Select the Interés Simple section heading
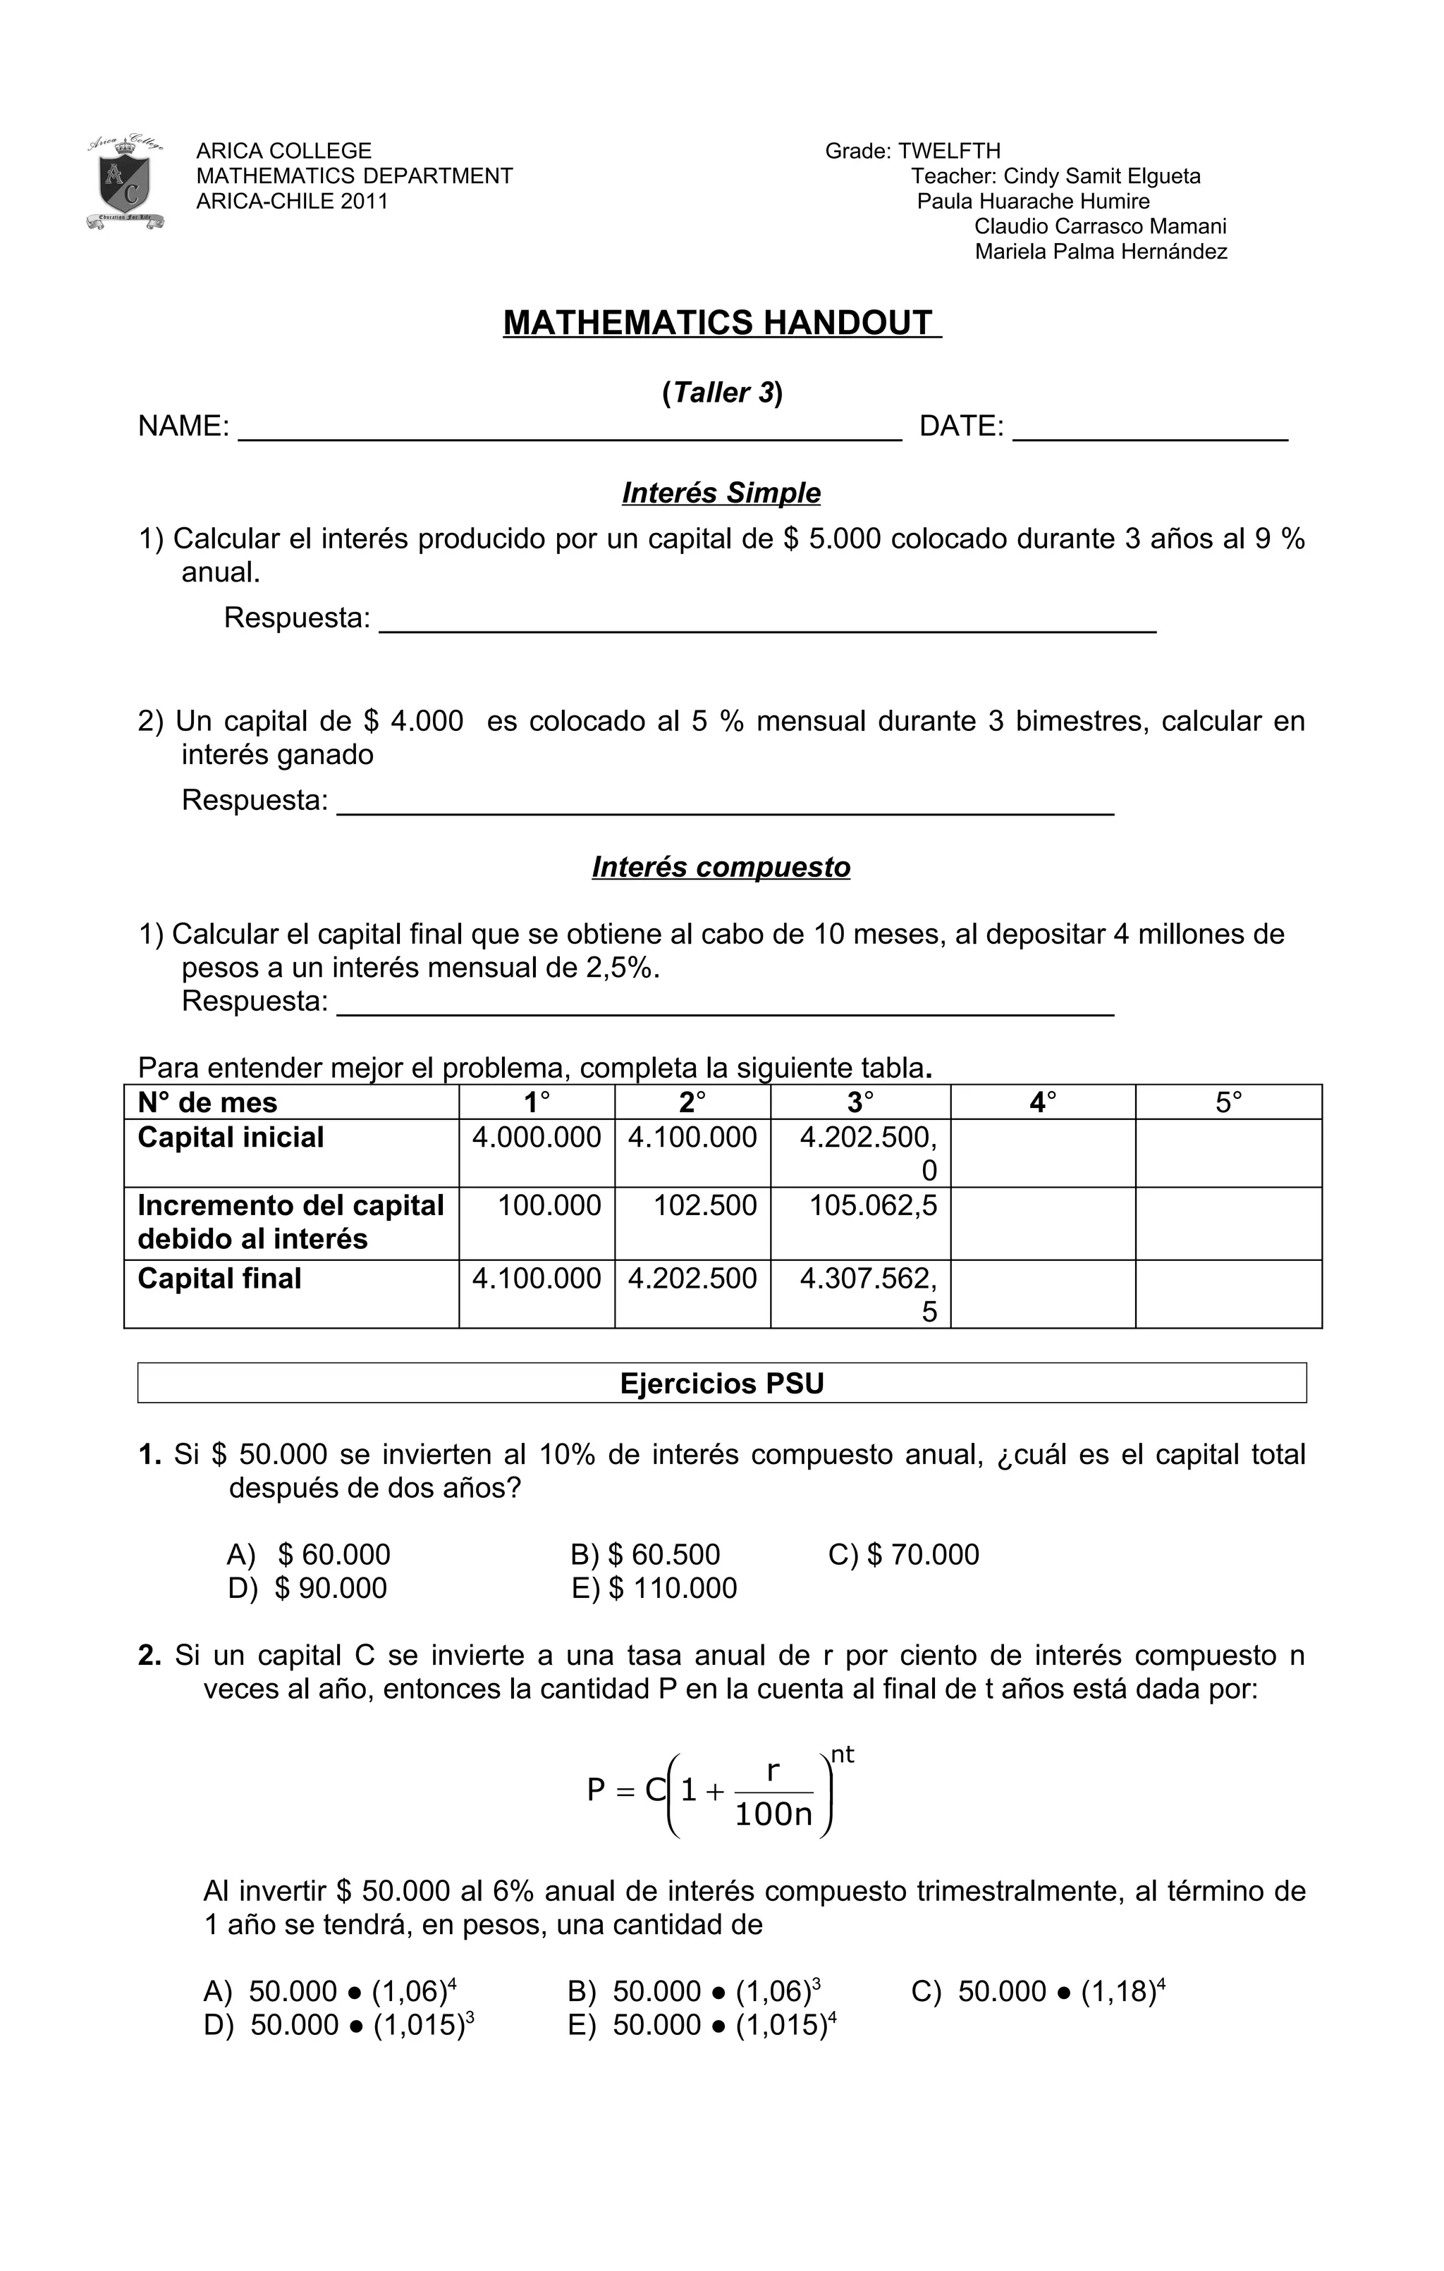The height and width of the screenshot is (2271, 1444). (721, 493)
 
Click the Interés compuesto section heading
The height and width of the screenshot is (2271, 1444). (721, 867)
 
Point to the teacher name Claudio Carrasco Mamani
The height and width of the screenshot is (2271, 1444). (1100, 226)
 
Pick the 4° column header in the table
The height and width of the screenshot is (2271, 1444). (1042, 1102)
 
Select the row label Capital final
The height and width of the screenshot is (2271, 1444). (220, 1279)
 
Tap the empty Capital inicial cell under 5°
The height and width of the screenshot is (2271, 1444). (1228, 1152)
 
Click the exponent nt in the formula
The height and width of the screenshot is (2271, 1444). (843, 1754)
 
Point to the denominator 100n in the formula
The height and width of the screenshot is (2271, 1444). (773, 1814)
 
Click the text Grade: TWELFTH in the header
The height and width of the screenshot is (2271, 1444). (912, 151)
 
